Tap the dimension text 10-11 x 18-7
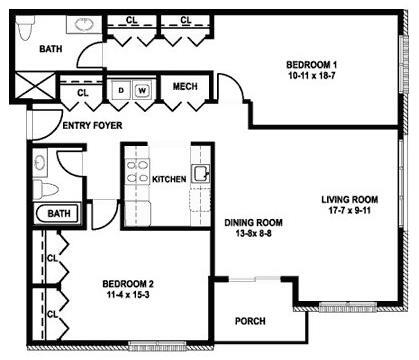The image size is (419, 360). (307, 74)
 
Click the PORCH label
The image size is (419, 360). (249, 321)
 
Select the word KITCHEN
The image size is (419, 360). (169, 179)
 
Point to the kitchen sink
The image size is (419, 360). (201, 174)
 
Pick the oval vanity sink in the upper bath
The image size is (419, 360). (78, 22)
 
